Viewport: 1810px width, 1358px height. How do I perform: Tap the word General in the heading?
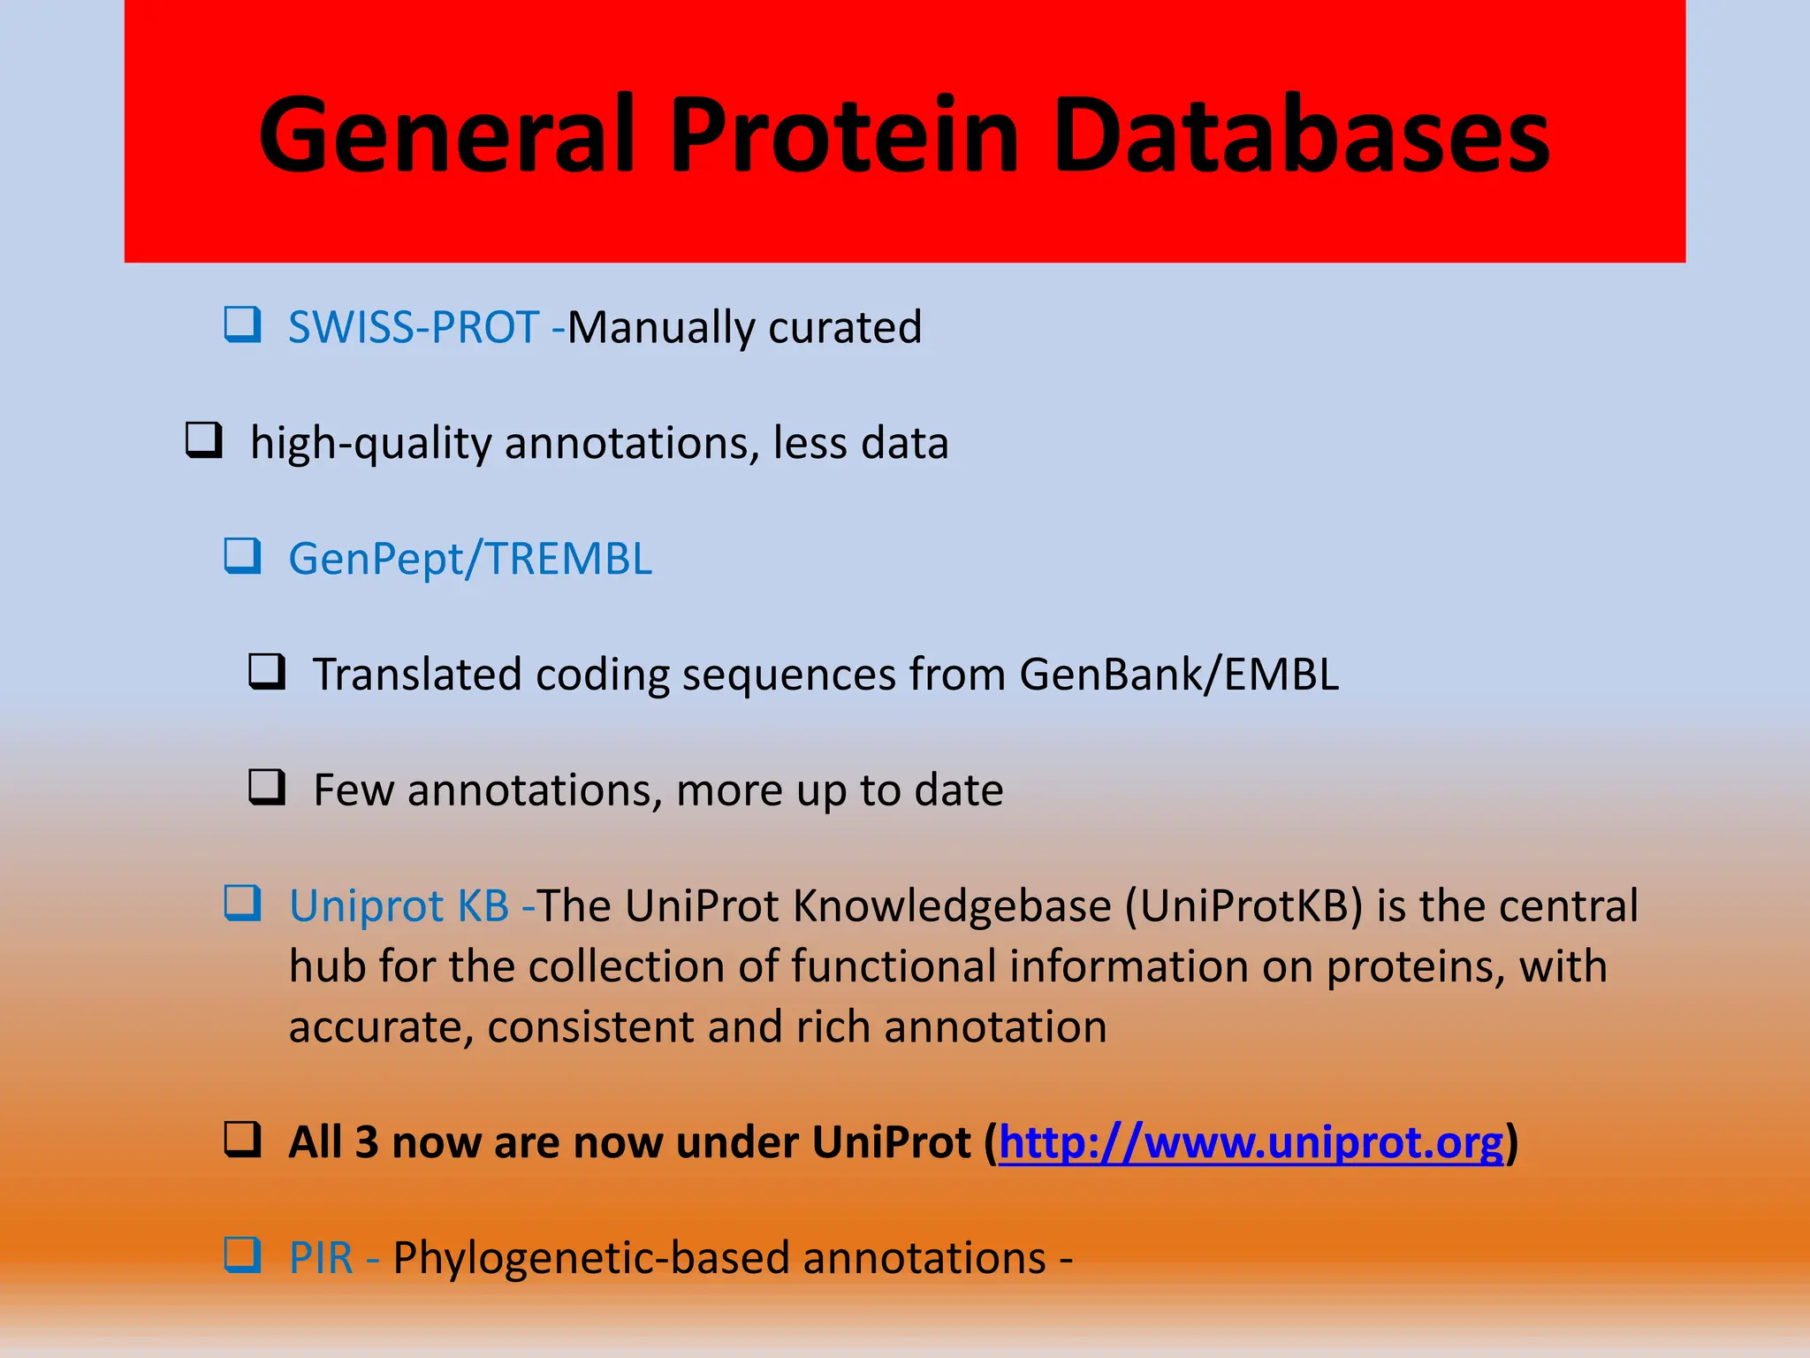(x=446, y=134)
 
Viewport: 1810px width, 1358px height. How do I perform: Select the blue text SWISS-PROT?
(x=414, y=327)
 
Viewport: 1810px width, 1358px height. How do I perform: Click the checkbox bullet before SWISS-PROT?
(x=242, y=324)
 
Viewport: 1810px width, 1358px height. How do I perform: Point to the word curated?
(x=845, y=327)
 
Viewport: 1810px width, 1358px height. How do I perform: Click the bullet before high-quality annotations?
(x=203, y=439)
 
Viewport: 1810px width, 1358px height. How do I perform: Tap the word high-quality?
(x=370, y=443)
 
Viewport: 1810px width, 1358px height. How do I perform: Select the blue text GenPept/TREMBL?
(x=470, y=559)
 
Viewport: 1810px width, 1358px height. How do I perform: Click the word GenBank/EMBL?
(x=1179, y=675)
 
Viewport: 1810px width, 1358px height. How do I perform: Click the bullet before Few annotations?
(x=266, y=786)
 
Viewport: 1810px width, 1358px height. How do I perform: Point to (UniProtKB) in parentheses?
(x=1244, y=906)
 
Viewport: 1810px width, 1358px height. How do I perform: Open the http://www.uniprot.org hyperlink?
(x=1251, y=1142)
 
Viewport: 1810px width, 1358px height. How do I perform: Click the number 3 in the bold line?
(x=366, y=1142)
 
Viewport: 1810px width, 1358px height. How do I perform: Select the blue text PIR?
(x=321, y=1258)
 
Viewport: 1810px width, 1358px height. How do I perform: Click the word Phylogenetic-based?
(x=590, y=1258)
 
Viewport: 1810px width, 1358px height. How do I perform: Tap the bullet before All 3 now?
(x=242, y=1140)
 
